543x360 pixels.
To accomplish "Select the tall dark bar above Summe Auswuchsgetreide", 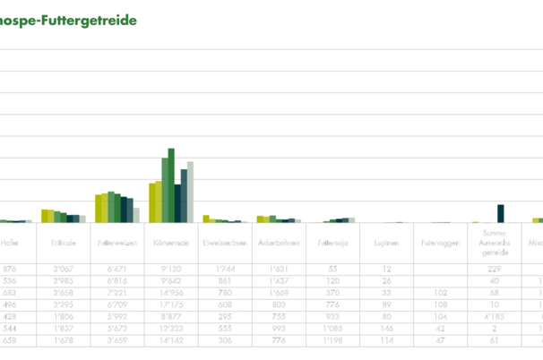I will coord(501,213).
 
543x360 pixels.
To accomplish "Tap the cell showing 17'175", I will coord(170,304).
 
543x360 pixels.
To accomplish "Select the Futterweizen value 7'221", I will coord(116,292).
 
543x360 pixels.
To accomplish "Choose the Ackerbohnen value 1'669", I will coord(278,292).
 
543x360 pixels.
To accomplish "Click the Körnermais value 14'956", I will coord(170,292).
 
